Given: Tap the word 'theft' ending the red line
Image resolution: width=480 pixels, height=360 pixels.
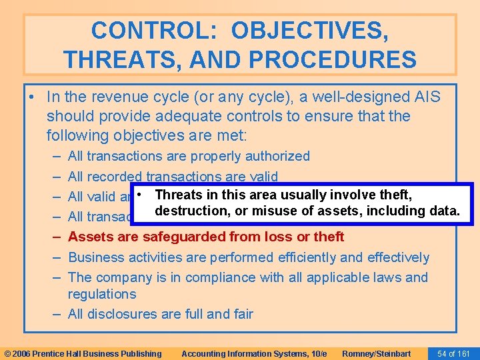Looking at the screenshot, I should pyautogui.click(x=327, y=237).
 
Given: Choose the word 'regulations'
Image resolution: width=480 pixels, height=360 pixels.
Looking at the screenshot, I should pyautogui.click(x=102, y=294).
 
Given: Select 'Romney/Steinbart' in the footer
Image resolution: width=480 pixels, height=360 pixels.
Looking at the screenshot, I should pyautogui.click(x=376, y=353).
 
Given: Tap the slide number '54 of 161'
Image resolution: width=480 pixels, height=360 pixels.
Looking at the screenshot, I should pyautogui.click(x=453, y=353).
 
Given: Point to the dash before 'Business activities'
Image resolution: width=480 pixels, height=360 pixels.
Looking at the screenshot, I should pyautogui.click(x=55, y=257).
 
